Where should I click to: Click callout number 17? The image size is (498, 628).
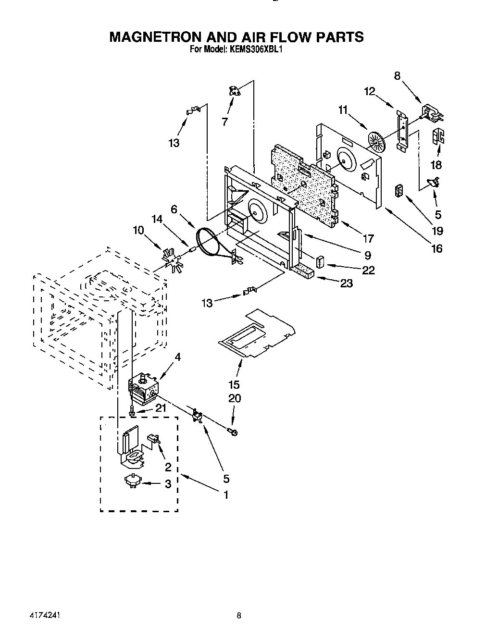pos(368,238)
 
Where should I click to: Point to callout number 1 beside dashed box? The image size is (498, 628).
pos(225,494)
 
